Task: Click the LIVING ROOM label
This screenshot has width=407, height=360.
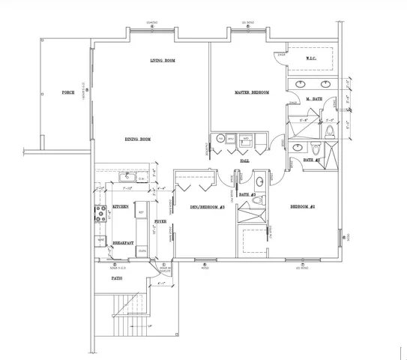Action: click(x=162, y=60)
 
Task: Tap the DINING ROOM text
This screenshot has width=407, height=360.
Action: click(x=138, y=139)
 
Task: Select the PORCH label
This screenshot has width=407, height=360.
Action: click(x=67, y=93)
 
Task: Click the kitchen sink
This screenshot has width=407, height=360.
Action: click(x=126, y=178)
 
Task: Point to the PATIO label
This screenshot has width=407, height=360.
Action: click(x=117, y=278)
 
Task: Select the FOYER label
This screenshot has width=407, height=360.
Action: click(x=160, y=223)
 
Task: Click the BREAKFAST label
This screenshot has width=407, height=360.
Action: click(x=123, y=244)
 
